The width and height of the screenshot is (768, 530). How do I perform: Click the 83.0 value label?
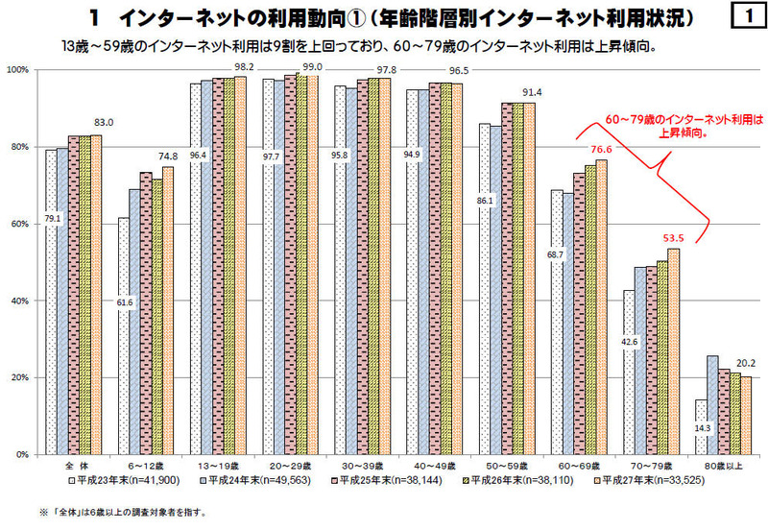click(x=105, y=123)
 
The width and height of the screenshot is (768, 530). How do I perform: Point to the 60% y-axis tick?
click(x=18, y=224)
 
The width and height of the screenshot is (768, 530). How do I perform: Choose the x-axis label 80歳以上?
click(x=715, y=463)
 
